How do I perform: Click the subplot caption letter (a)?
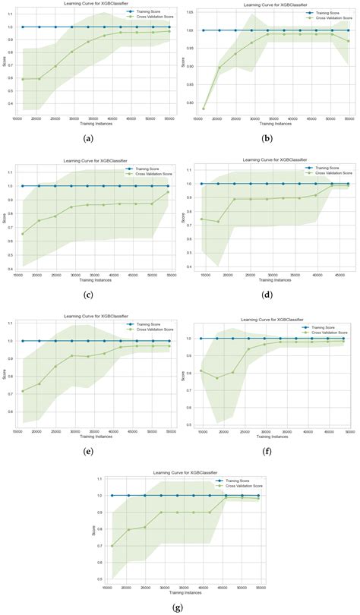pyautogui.click(x=90, y=137)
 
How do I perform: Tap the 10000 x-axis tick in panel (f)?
pyautogui.click(x=201, y=433)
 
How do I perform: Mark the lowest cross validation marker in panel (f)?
pyautogui.click(x=217, y=378)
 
